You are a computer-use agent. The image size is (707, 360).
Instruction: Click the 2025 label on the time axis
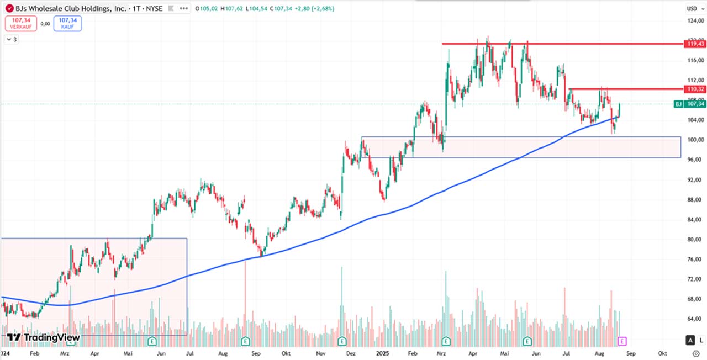[x=382, y=353]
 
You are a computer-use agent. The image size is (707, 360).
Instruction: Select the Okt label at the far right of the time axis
[x=663, y=353]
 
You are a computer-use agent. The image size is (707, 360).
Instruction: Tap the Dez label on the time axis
[x=350, y=353]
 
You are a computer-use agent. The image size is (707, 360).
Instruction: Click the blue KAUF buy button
[x=67, y=23]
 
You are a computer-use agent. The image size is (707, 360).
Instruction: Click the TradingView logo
[x=43, y=337]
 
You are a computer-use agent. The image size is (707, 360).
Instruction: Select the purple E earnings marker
[x=622, y=341]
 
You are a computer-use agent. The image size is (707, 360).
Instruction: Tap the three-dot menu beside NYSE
[x=184, y=9]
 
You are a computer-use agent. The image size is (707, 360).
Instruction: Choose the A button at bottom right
[x=690, y=340]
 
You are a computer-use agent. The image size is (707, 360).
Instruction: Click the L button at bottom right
[x=701, y=340]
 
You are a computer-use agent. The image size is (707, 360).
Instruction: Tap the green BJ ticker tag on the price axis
[x=678, y=104]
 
